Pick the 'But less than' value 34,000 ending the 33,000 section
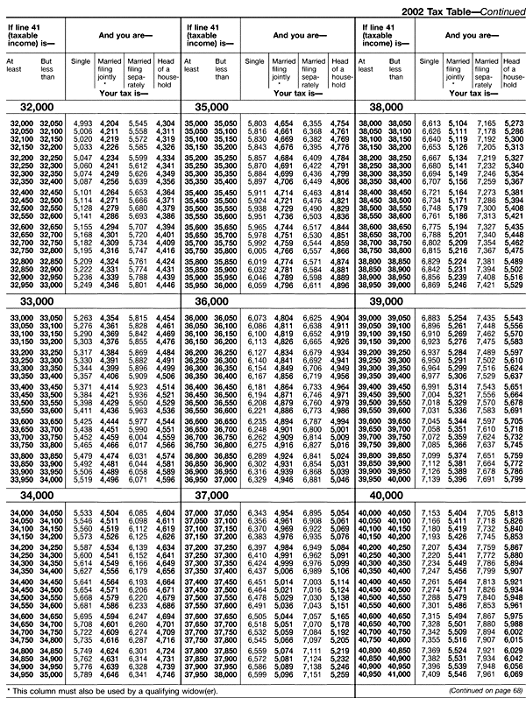coord(52,480)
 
